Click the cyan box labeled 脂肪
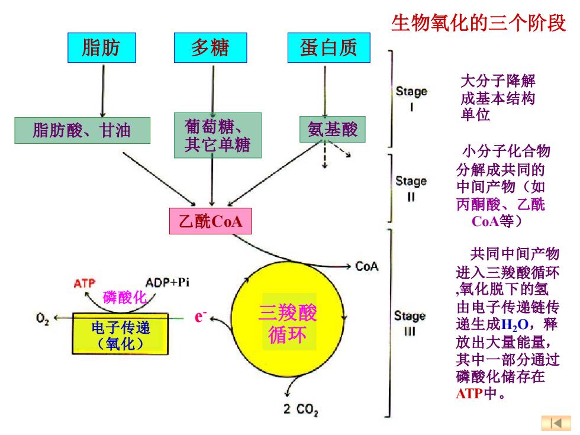tap(102, 48)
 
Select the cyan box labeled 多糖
tap(211, 48)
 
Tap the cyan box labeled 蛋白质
tap(329, 48)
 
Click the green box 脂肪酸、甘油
tap(82, 131)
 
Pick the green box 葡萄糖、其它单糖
tap(218, 136)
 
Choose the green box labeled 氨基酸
tap(333, 130)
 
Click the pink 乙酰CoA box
tap(211, 221)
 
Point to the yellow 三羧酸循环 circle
tap(288, 319)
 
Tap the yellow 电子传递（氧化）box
tap(120, 334)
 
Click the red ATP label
tap(84, 283)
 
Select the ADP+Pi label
tap(167, 283)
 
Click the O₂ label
tap(43, 319)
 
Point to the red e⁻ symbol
tap(200, 317)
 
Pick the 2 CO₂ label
tap(301, 410)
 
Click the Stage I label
tap(411, 98)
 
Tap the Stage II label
tap(411, 188)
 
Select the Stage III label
tap(410, 323)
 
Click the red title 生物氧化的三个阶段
tap(479, 22)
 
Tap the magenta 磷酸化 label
tap(124, 298)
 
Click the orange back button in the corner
tap(556, 423)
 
